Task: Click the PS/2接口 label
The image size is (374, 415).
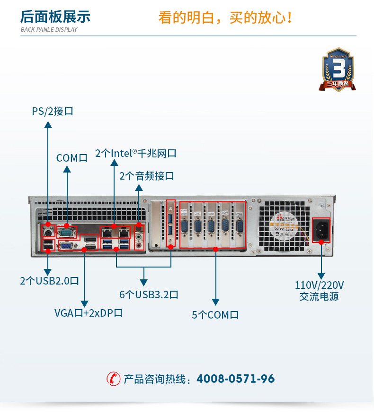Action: (53, 112)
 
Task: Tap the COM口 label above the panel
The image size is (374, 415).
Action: (72, 158)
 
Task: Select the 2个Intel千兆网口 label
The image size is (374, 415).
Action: (135, 153)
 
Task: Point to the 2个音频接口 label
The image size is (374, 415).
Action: (146, 176)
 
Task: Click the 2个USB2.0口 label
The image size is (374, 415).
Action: (49, 281)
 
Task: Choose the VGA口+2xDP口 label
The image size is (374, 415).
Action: (89, 312)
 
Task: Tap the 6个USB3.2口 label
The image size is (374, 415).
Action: (149, 294)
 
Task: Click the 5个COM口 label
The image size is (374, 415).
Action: (215, 315)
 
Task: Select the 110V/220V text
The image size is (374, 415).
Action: (319, 285)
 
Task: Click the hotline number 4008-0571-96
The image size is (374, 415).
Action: (235, 379)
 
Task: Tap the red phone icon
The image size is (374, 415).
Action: (113, 379)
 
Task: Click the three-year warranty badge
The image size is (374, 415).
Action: (338, 70)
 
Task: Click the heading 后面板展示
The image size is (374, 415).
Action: (55, 17)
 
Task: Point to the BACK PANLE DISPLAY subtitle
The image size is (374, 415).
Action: (49, 30)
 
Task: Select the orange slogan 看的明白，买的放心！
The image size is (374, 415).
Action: (225, 18)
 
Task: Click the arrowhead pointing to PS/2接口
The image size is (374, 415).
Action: (48, 125)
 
